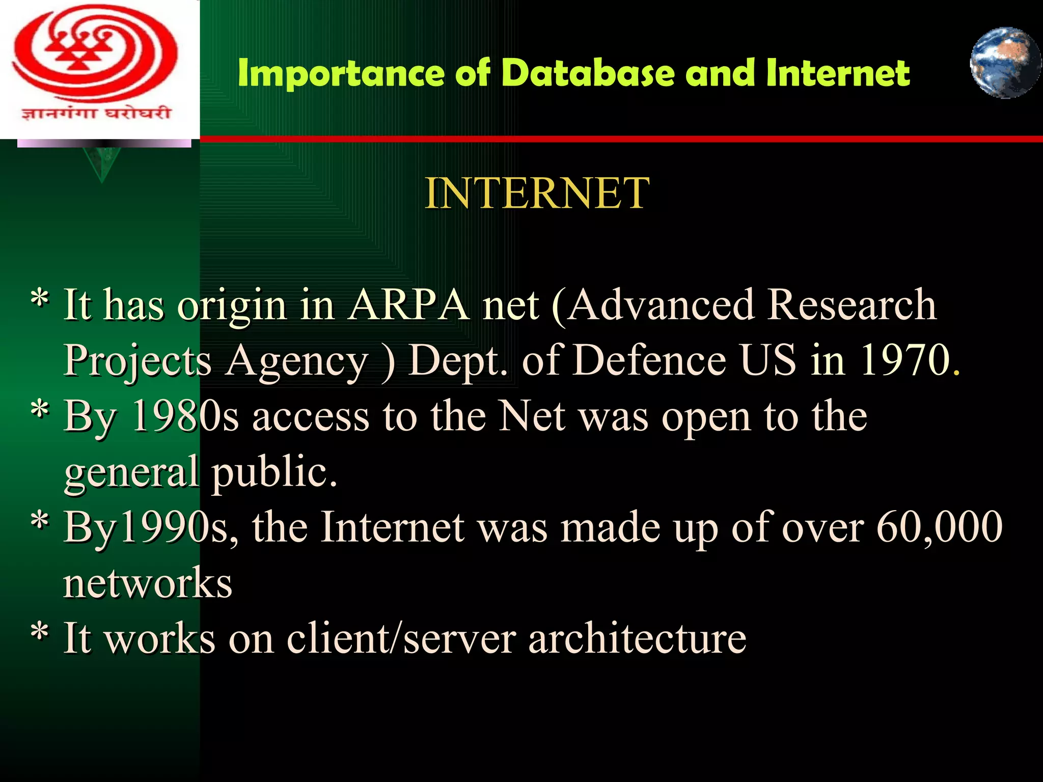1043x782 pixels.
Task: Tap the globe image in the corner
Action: click(x=1005, y=63)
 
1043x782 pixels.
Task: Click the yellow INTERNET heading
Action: click(x=537, y=193)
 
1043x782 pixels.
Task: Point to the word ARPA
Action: click(x=408, y=305)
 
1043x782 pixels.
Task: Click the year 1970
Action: click(x=905, y=360)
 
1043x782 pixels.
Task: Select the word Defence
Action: click(x=649, y=360)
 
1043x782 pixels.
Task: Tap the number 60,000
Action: click(x=939, y=527)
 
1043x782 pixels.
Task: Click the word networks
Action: click(x=148, y=583)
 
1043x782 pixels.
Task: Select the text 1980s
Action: click(x=185, y=416)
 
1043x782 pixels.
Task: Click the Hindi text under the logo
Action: click(x=96, y=113)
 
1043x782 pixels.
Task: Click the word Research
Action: click(x=852, y=305)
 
